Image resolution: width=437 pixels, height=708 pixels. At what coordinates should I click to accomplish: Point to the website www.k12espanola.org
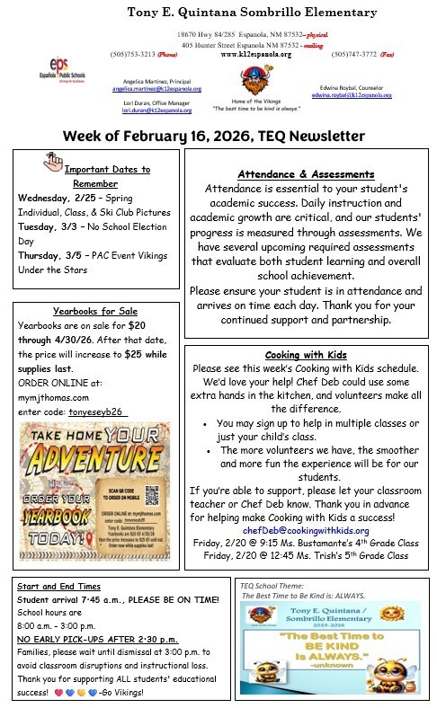[255, 54]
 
